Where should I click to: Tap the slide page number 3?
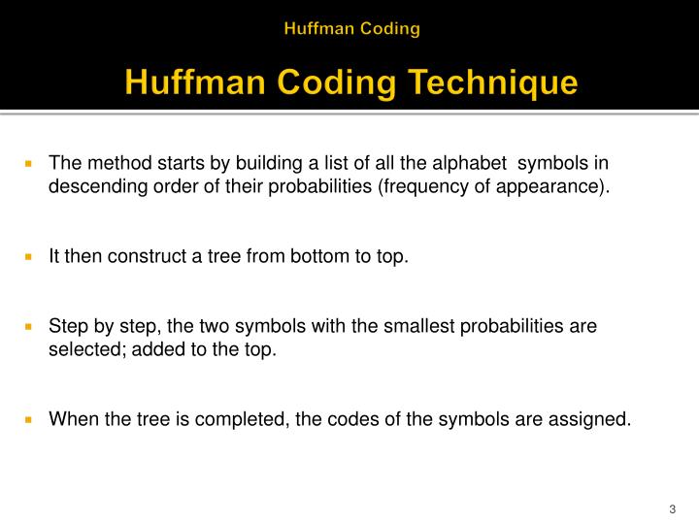pyautogui.click(x=672, y=510)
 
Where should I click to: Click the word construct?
pyautogui.click(x=146, y=256)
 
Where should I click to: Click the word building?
pyautogui.click(x=250, y=163)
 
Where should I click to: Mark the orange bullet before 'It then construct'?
pyautogui.click(x=29, y=256)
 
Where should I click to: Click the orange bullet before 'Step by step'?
pyautogui.click(x=29, y=326)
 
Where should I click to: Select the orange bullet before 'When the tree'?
pyautogui.click(x=29, y=419)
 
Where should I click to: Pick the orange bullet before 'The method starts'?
pyautogui.click(x=29, y=163)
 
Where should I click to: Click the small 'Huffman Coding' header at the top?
pyautogui.click(x=351, y=28)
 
